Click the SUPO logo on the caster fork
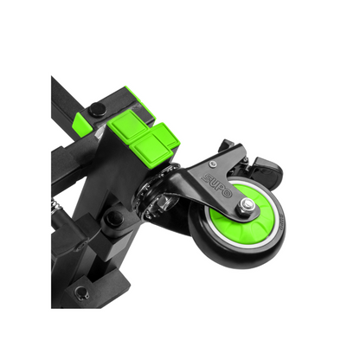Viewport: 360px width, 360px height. [216, 184]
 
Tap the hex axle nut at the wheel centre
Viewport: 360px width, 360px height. [248, 205]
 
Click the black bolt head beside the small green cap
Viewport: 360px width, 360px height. [97, 110]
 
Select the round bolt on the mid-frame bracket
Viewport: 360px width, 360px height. [112, 219]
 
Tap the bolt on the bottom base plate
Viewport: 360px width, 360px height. [80, 292]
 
